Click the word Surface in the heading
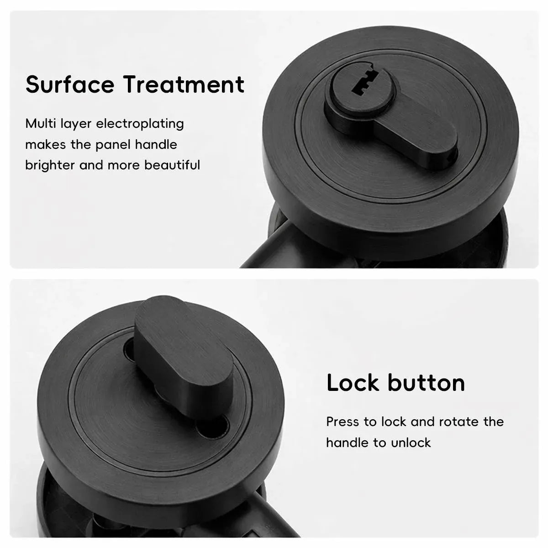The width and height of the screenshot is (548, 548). click(x=70, y=84)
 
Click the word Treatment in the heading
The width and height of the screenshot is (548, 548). click(x=184, y=84)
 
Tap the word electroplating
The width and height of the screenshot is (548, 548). click(x=140, y=124)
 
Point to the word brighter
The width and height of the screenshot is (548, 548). click(x=50, y=165)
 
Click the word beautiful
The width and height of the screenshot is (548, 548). click(x=172, y=165)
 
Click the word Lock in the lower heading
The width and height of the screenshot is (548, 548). click(x=353, y=383)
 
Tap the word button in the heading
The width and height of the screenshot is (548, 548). click(x=426, y=383)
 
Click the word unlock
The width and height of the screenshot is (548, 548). click(x=411, y=443)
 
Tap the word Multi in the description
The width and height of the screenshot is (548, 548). click(x=40, y=124)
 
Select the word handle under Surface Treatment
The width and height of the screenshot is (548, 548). click(x=156, y=144)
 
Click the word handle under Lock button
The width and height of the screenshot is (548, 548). click(x=347, y=443)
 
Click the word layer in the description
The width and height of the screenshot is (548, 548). click(x=76, y=124)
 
